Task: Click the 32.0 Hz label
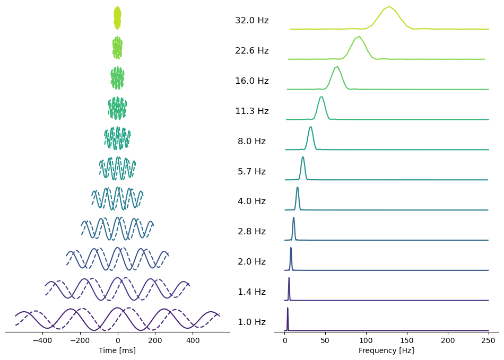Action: coord(251,21)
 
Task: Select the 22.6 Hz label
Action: coord(251,51)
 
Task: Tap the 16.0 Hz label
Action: coord(251,81)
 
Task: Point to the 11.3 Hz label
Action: coord(251,111)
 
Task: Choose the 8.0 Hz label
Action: coord(251,142)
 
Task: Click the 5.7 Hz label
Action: coord(251,172)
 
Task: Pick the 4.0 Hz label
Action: coord(251,201)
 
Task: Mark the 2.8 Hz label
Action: coord(251,232)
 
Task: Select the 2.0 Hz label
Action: coord(251,262)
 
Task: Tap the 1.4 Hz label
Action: coord(251,292)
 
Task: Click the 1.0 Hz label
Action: coord(251,322)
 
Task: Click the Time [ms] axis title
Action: coord(117,350)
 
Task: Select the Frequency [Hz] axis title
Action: coord(386,350)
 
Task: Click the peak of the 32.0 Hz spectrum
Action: coord(389,6)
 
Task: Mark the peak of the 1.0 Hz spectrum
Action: coord(288,308)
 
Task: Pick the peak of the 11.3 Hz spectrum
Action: coord(321,96)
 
